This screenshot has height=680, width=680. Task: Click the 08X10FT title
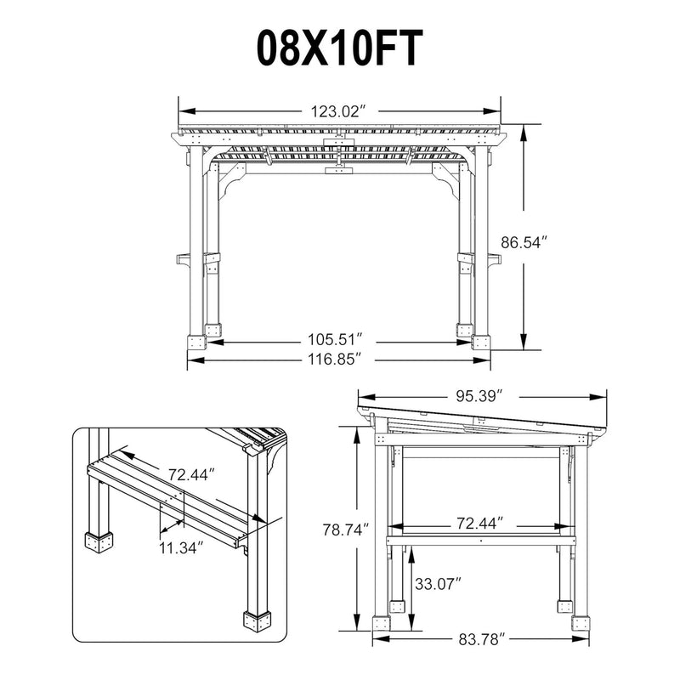[x=339, y=48]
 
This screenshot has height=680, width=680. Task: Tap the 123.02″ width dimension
[x=336, y=111]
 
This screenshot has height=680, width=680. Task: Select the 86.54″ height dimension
[x=521, y=242]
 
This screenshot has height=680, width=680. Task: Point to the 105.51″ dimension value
[x=335, y=338]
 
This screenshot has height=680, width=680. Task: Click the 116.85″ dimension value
[x=335, y=360]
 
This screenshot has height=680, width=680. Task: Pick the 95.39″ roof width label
[x=479, y=396]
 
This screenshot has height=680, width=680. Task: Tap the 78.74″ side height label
[x=346, y=530]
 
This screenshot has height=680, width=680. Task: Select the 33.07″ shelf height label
[x=438, y=584]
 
